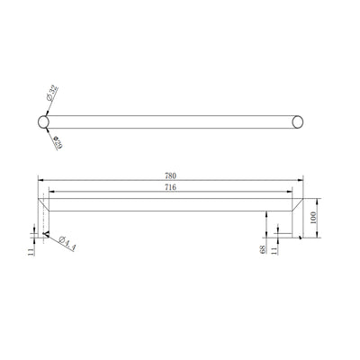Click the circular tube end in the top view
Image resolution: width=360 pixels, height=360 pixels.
[45, 121]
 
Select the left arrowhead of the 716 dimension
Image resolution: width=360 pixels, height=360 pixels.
[51, 193]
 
